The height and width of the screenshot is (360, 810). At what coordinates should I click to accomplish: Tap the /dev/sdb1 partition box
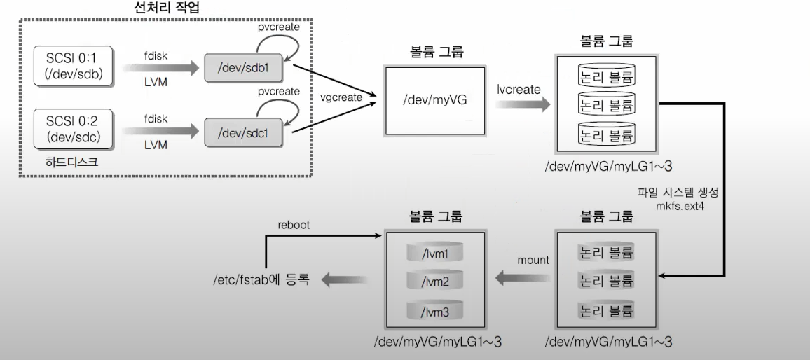pyautogui.click(x=245, y=69)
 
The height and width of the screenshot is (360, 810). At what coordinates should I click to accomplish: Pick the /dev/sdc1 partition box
pyautogui.click(x=245, y=132)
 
